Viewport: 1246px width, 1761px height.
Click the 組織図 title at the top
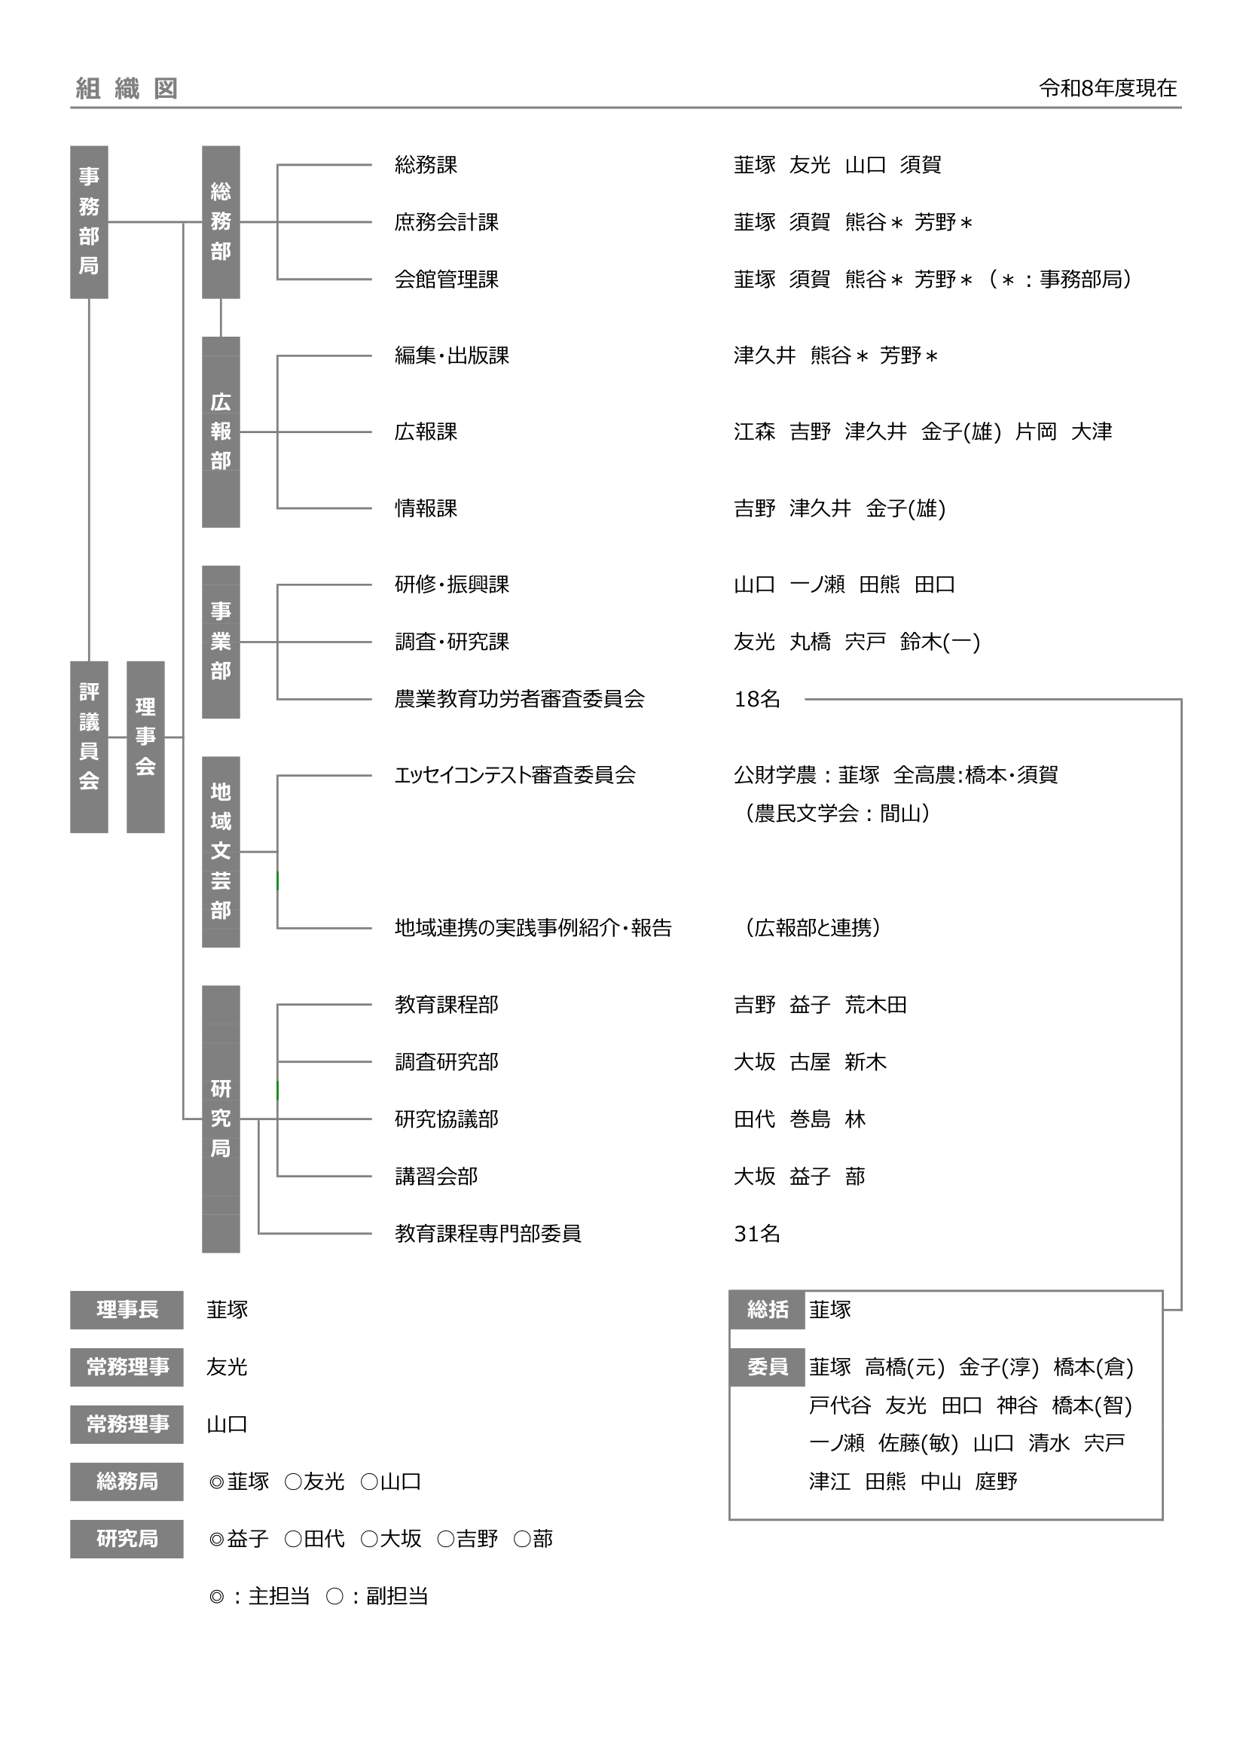click(x=127, y=89)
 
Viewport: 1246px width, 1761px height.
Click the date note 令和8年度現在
click(x=1108, y=88)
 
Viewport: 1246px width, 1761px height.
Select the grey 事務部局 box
click(x=89, y=221)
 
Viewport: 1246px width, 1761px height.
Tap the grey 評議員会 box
click(x=89, y=746)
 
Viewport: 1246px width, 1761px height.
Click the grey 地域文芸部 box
click(x=221, y=851)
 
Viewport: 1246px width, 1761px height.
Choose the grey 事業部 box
click(x=221, y=641)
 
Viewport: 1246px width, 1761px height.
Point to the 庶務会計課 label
click(x=447, y=222)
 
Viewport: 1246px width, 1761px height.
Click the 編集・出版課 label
click(x=452, y=356)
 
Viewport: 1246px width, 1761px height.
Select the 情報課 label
click(x=426, y=508)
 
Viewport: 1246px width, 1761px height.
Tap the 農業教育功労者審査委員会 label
click(x=520, y=699)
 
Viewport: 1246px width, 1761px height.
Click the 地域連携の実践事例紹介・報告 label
click(x=533, y=928)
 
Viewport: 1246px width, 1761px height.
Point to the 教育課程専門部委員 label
click(x=488, y=1233)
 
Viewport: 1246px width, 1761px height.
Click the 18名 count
click(x=757, y=699)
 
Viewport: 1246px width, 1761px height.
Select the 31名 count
click(x=757, y=1233)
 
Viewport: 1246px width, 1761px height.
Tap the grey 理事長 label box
click(x=127, y=1310)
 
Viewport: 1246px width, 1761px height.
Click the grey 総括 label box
click(x=767, y=1310)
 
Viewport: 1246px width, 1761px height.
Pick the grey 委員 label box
click(x=767, y=1367)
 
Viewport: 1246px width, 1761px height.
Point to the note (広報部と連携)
click(x=813, y=928)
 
